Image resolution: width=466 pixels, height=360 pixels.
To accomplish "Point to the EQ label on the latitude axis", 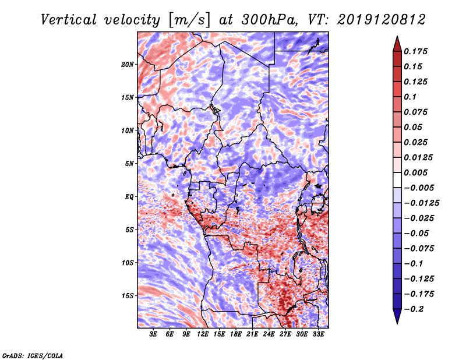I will click(129, 197).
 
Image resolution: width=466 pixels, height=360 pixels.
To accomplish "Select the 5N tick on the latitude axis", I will click(130, 164).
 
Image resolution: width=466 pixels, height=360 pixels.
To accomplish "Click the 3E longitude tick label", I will click(154, 334).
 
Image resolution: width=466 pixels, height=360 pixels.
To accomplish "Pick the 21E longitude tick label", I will click(253, 334).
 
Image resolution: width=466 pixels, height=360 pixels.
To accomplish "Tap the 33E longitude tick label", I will click(319, 334).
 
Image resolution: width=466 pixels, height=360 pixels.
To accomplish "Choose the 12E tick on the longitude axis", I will click(203, 334).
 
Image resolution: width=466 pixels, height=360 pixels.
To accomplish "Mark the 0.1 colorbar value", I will click(411, 97).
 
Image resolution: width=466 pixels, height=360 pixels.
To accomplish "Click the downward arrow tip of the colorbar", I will click(397, 322).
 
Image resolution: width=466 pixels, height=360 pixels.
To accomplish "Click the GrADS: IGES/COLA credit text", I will click(32, 355).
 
